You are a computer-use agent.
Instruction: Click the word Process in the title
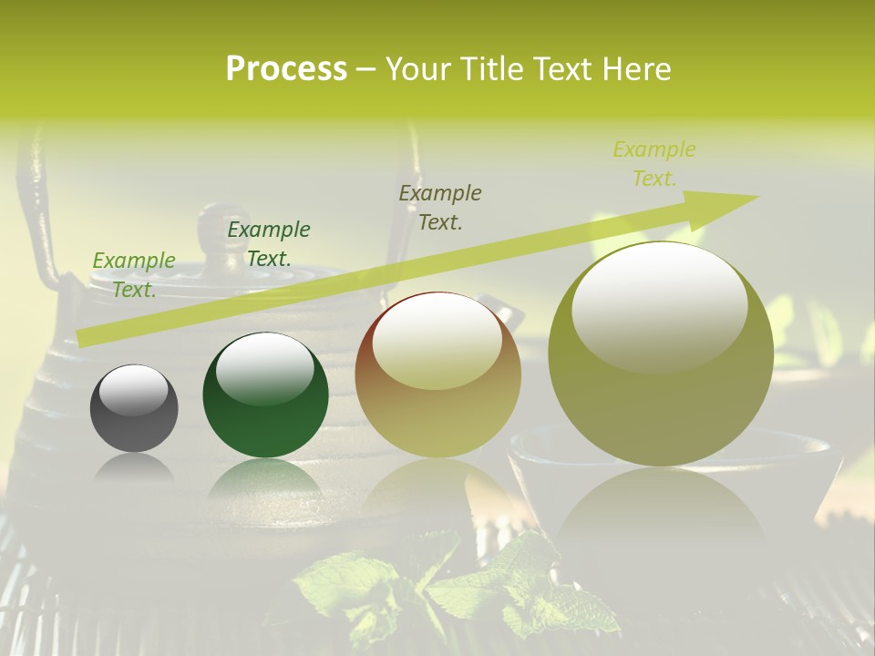coord(286,69)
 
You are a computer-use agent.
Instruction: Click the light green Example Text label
coord(134,274)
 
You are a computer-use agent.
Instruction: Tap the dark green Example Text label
coord(268,244)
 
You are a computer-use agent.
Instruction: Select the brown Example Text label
coord(440,207)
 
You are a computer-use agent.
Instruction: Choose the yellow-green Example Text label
coord(654,164)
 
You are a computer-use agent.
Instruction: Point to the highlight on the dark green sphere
coord(264,367)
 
